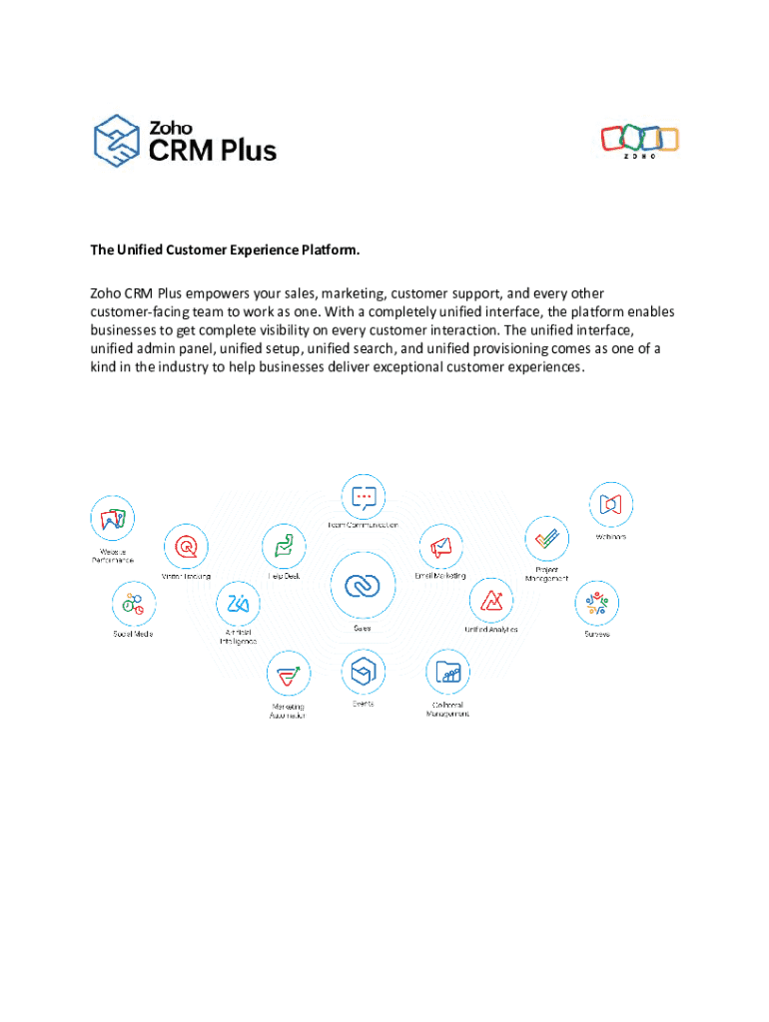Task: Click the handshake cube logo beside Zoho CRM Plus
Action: [117, 141]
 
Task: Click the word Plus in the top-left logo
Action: [243, 151]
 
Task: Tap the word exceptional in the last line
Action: [452, 366]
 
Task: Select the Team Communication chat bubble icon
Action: [364, 496]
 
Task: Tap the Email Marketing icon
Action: [441, 547]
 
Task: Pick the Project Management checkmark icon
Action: [547, 539]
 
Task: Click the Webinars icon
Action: [611, 505]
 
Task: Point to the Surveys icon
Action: [597, 605]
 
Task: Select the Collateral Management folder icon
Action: [448, 674]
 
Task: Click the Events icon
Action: [363, 674]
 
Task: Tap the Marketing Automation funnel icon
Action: [289, 675]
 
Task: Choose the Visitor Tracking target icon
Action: [187, 547]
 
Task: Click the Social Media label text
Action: [133, 634]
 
